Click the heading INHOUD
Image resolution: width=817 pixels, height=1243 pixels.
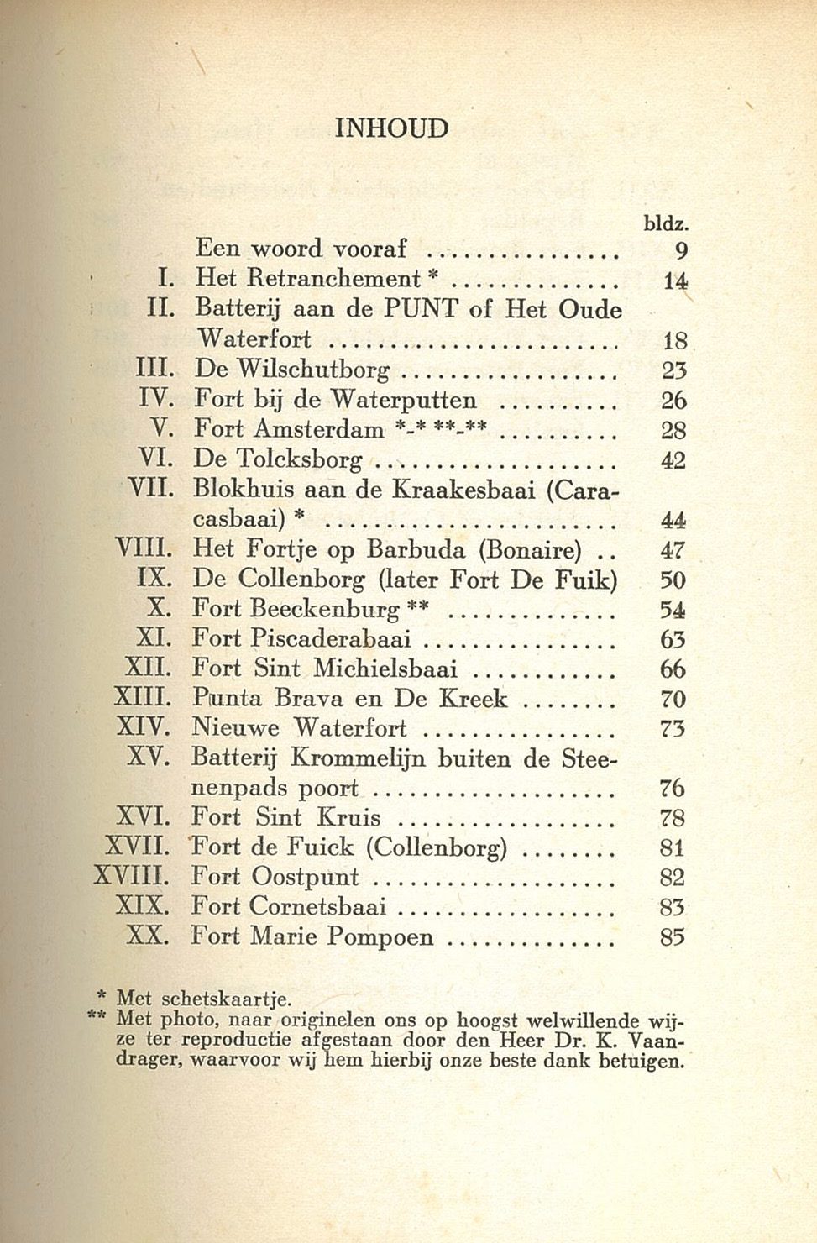(391, 128)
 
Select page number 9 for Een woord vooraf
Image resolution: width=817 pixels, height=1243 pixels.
(681, 249)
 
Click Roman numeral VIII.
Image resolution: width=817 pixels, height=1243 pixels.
(148, 550)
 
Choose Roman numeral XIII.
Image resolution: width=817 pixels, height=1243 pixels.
(144, 698)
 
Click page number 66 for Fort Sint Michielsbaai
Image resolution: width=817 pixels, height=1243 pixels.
(673, 669)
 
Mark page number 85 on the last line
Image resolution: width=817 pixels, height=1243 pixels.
(673, 936)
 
